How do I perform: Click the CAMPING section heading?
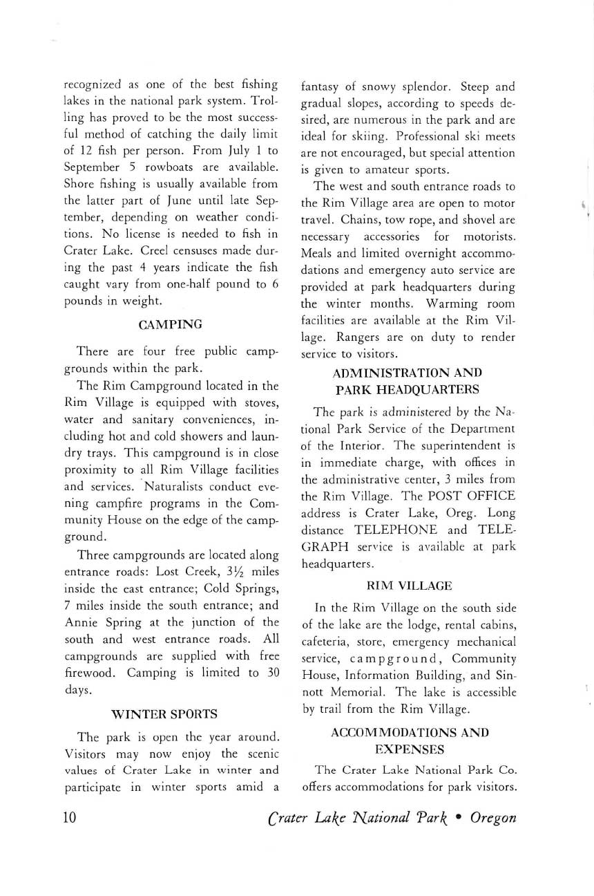tap(171, 324)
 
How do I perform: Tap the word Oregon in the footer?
tap(492, 817)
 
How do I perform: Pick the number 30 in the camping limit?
tap(270, 672)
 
